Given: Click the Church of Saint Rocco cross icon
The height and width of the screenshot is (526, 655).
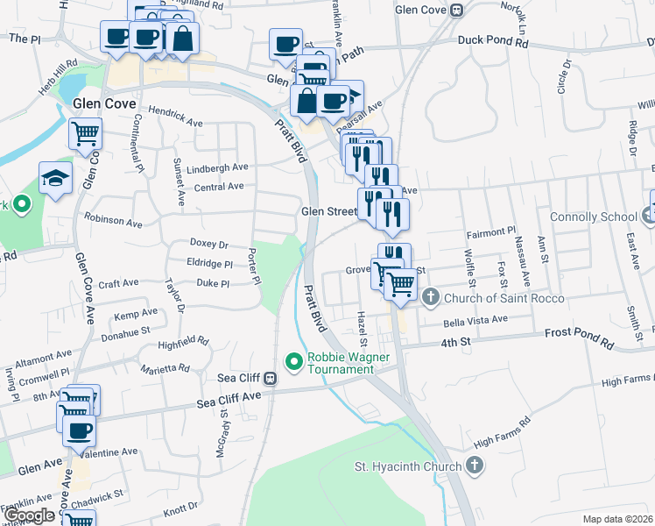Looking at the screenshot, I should [430, 298].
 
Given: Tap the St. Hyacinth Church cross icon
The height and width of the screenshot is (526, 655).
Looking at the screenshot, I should [475, 466].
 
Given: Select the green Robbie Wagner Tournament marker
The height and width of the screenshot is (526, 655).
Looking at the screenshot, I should [294, 359].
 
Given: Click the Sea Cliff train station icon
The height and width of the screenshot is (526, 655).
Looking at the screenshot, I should [271, 379].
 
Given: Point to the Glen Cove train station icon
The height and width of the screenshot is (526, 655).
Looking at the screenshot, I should [456, 11].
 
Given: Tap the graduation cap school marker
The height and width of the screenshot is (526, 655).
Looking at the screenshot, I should [55, 178].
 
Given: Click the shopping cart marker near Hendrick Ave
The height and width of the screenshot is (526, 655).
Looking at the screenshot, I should [86, 134].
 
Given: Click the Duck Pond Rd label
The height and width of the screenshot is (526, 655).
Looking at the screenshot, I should [489, 40].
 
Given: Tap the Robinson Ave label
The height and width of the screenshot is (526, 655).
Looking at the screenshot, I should [112, 224].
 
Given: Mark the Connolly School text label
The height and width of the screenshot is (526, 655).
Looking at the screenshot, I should [593, 217].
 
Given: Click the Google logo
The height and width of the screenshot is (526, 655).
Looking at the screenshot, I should [30, 515].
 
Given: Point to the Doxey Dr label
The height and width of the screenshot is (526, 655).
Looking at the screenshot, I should [208, 244].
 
